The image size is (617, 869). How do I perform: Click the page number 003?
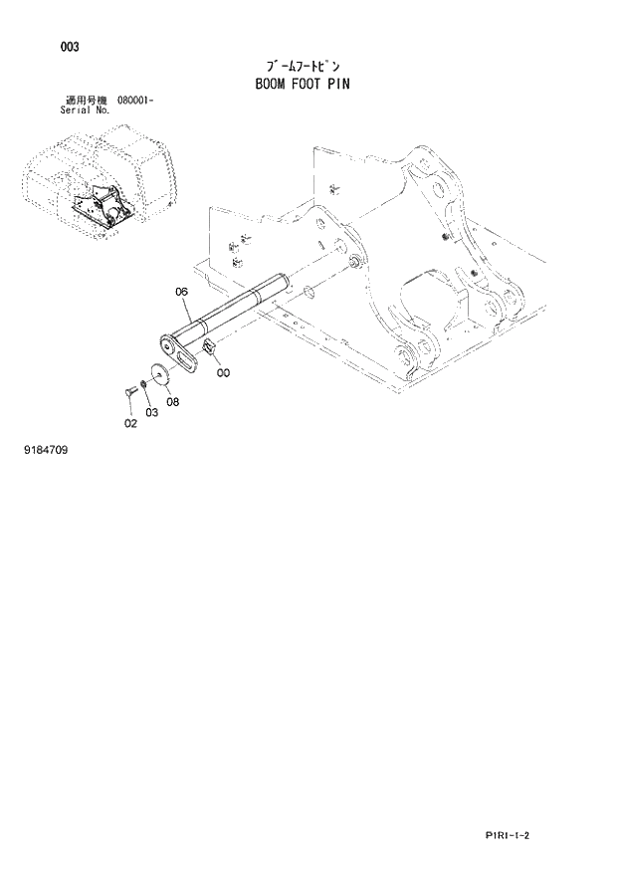point(69,47)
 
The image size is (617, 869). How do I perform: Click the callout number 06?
point(181,292)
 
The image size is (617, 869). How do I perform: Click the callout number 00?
point(222,372)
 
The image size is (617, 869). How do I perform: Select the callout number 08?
point(172,401)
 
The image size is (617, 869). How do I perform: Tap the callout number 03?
point(150,411)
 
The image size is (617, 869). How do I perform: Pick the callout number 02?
point(129,423)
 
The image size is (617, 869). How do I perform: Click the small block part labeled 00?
point(210,346)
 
